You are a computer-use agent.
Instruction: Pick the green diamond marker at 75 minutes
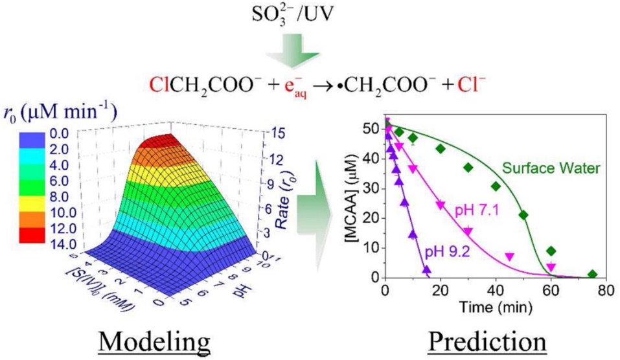[592, 275]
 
